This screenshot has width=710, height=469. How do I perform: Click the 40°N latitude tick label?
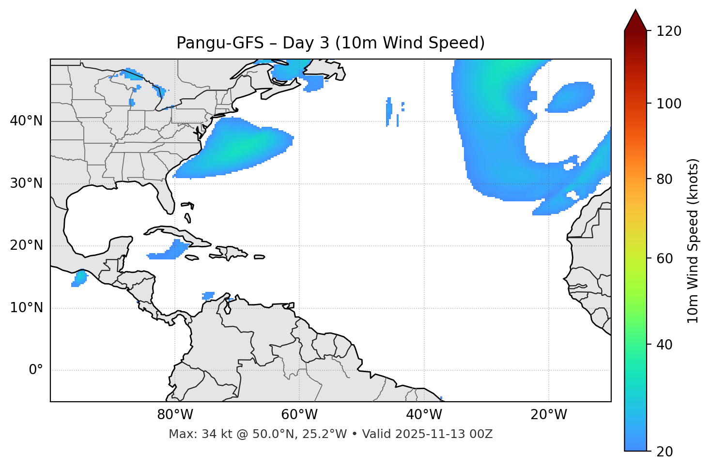(x=26, y=121)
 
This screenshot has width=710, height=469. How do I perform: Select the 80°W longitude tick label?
(x=175, y=415)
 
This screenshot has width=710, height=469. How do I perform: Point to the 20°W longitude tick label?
(x=549, y=415)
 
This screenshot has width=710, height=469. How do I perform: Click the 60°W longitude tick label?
(x=299, y=415)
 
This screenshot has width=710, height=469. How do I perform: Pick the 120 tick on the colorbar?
(x=669, y=31)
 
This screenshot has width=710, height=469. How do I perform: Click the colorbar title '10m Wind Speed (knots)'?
(x=693, y=241)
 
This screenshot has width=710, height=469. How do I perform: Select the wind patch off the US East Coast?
(x=237, y=148)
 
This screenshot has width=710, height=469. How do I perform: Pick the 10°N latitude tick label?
(x=26, y=308)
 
